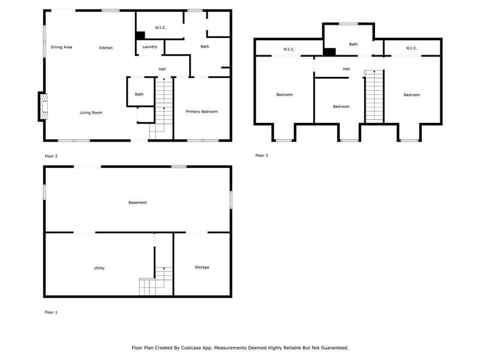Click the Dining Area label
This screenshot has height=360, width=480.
[61, 47]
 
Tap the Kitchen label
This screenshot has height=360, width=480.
[106, 48]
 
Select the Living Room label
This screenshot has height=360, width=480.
[91, 112]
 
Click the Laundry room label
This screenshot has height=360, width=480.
[150, 47]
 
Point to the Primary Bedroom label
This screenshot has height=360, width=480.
[202, 112]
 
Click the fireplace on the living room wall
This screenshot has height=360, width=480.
[42, 107]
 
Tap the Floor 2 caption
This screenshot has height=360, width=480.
[52, 156]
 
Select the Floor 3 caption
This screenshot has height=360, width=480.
[262, 155]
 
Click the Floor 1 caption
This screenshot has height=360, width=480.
[52, 312]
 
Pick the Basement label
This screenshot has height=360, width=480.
[137, 203]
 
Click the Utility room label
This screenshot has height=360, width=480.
[99, 268]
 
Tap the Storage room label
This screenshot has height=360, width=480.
[202, 267]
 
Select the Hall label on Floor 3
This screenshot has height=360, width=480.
[346, 69]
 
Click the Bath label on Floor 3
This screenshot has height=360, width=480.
[353, 44]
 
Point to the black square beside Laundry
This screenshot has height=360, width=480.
[140, 35]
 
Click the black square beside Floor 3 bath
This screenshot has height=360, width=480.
[329, 52]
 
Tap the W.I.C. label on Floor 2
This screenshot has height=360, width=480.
[160, 28]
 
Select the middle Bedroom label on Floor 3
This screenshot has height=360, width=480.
[341, 107]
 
